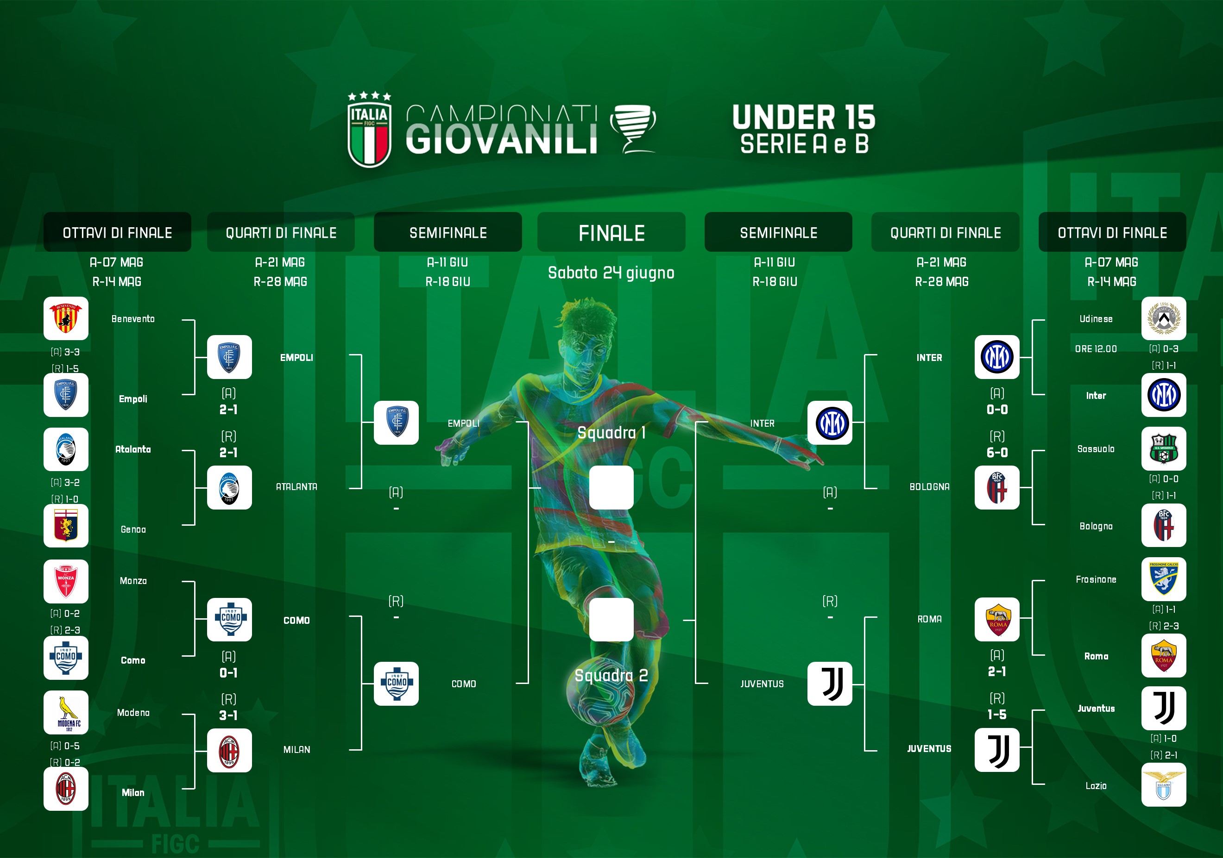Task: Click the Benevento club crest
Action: (65, 318)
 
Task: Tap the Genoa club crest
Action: (65, 525)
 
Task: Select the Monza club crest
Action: (65, 581)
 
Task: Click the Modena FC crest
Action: (65, 712)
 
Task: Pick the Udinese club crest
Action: (1163, 318)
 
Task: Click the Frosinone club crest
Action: (1163, 579)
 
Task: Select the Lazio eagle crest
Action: (1163, 785)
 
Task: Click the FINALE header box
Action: (611, 232)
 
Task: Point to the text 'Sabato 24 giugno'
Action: (611, 273)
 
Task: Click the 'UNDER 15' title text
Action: (804, 117)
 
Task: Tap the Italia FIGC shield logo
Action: (369, 130)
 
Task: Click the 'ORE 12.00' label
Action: (1096, 348)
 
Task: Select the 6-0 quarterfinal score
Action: (996, 453)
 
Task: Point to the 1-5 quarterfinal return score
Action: (996, 714)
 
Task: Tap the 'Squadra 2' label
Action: (611, 675)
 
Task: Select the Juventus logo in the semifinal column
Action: (829, 684)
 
